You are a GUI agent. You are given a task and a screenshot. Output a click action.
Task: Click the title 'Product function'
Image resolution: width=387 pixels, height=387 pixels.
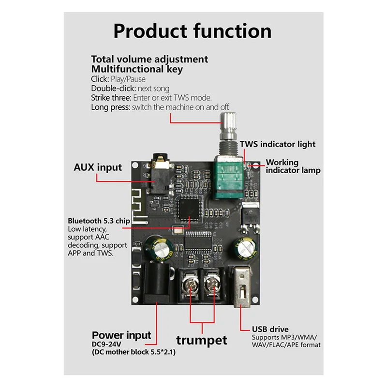(193, 31)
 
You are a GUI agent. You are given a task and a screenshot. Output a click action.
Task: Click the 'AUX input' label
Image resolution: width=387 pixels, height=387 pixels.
(98, 167)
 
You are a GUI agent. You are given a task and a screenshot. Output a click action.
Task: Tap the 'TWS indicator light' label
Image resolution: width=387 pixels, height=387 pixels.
(278, 144)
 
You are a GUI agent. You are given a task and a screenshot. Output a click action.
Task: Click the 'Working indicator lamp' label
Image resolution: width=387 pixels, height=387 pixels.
(293, 166)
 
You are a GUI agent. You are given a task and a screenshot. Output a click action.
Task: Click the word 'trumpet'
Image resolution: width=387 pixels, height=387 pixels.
(201, 340)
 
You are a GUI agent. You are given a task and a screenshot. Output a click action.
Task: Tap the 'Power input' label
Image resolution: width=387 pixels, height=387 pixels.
(121, 335)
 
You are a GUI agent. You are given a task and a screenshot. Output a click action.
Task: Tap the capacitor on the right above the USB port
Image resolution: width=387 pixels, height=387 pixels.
(246, 248)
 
